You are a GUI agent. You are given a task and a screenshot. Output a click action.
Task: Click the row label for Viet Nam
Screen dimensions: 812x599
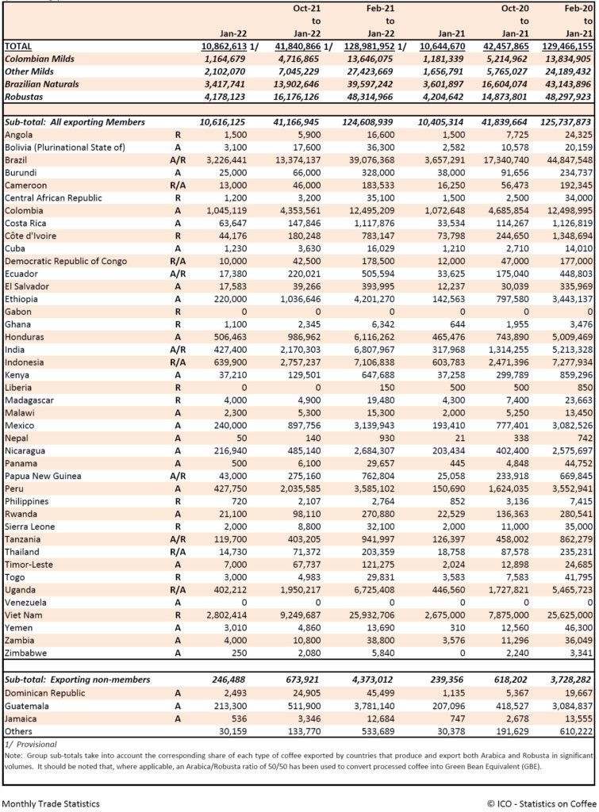coord(24,615)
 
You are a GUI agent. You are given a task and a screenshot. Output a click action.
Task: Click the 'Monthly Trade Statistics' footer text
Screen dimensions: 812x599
coord(51,802)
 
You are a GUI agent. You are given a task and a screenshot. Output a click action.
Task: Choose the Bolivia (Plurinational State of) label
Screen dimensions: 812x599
coord(65,147)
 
